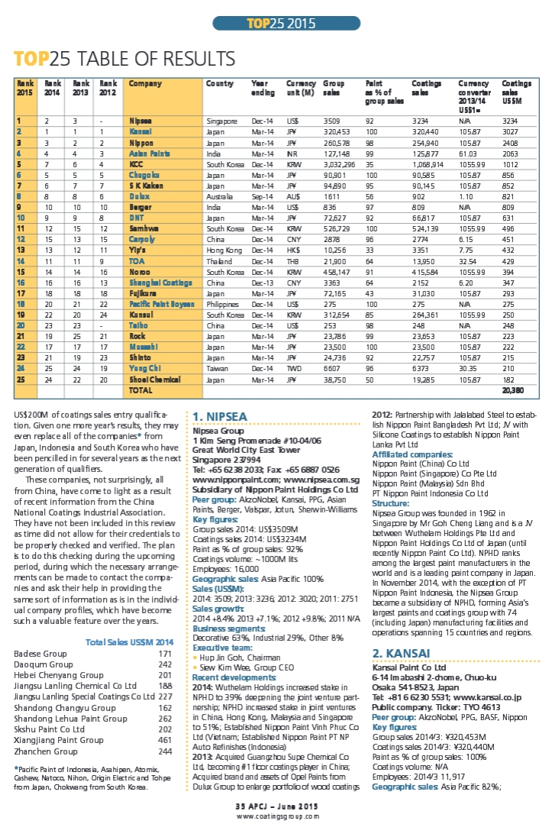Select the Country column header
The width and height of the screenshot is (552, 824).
pyautogui.click(x=220, y=83)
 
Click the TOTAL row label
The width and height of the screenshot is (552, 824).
pyautogui.click(x=140, y=389)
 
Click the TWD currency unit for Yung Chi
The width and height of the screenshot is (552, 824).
pyautogui.click(x=294, y=367)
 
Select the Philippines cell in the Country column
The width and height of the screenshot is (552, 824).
pyautogui.click(x=224, y=303)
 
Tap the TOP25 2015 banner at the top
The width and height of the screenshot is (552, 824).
pyautogui.click(x=276, y=23)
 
